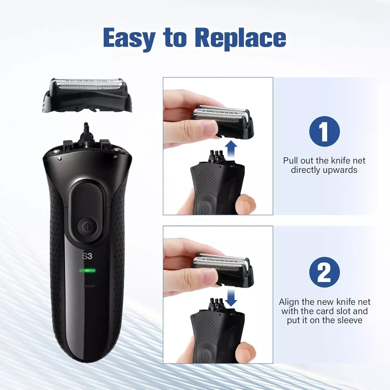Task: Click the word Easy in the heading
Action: pyautogui.click(x=129, y=38)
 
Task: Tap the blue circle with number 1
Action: pyautogui.click(x=324, y=131)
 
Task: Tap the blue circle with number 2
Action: pyautogui.click(x=324, y=272)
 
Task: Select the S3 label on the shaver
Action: pyautogui.click(x=87, y=256)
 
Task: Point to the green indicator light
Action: pyautogui.click(x=88, y=271)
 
